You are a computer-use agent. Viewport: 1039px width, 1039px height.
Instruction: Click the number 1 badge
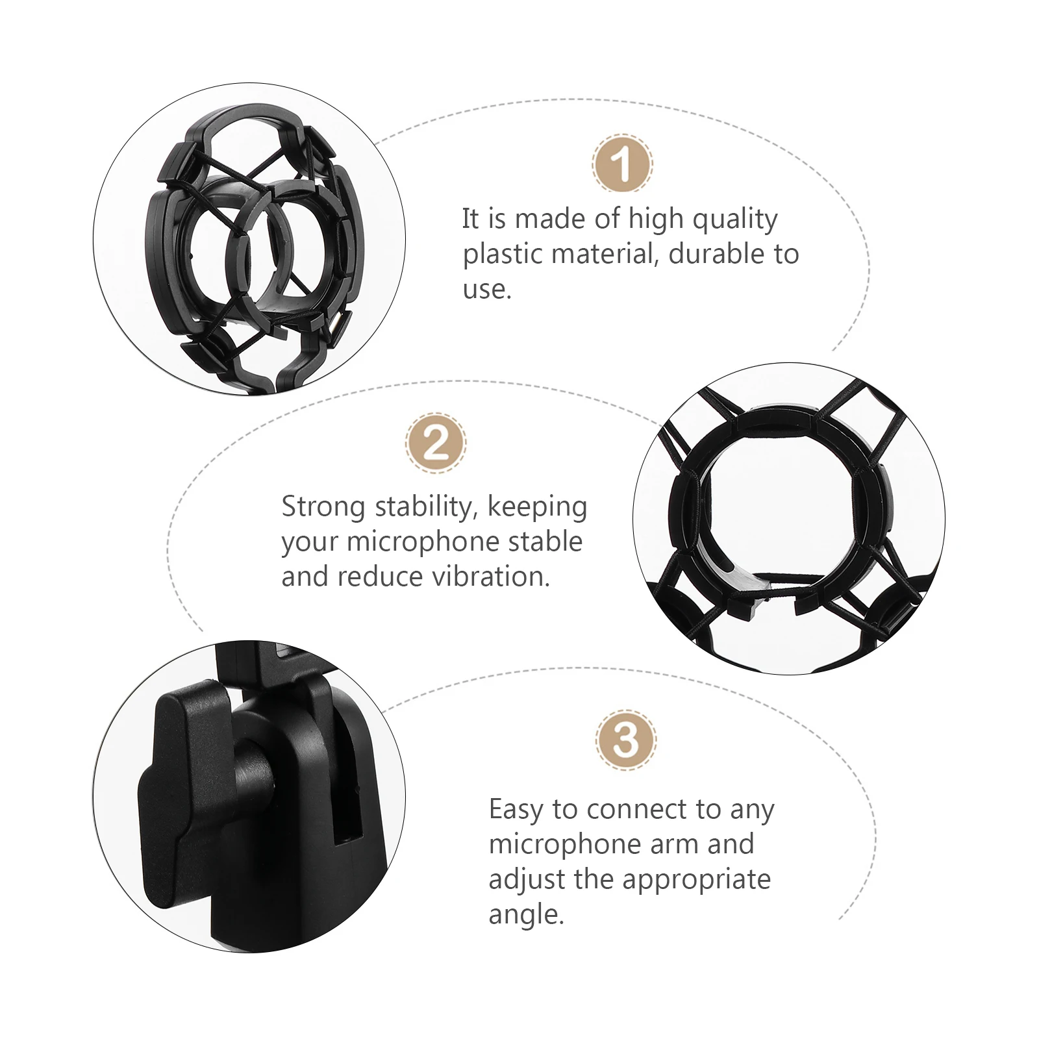(x=622, y=164)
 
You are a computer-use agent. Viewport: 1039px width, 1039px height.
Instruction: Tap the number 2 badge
(x=435, y=444)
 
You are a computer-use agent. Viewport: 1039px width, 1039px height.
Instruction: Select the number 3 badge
(x=625, y=740)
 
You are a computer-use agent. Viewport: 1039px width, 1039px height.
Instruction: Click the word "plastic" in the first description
(x=503, y=255)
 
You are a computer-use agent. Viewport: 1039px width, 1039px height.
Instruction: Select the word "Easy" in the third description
(x=516, y=810)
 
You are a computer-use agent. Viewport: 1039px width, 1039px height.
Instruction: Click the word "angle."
(x=527, y=916)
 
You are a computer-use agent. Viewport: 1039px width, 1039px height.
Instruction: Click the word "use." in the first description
(x=487, y=289)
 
